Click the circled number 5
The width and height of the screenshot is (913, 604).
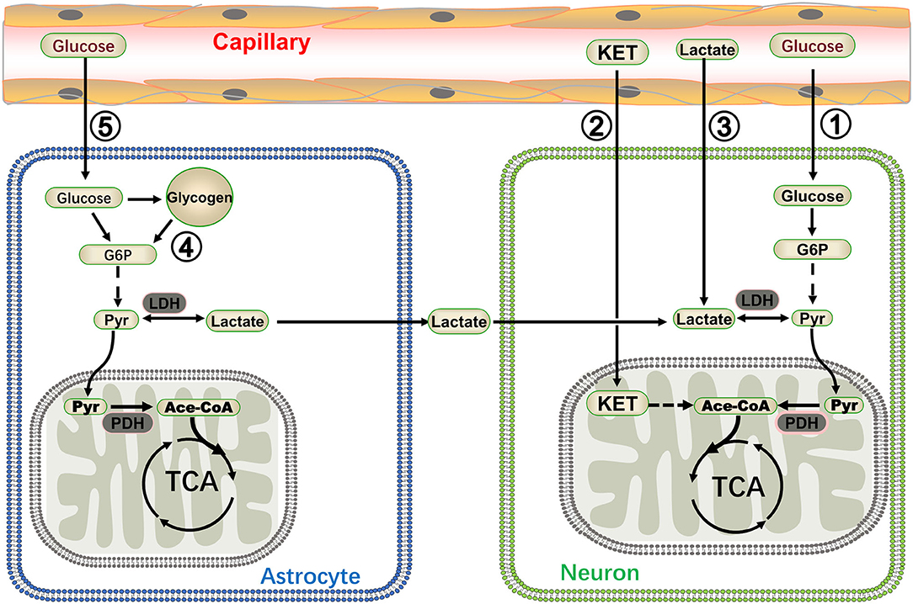click(x=107, y=127)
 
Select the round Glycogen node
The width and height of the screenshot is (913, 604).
click(x=200, y=199)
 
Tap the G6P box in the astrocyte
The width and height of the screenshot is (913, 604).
click(x=107, y=252)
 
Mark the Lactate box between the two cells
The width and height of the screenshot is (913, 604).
click(x=459, y=321)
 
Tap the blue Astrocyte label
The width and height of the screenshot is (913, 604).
click(x=311, y=576)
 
